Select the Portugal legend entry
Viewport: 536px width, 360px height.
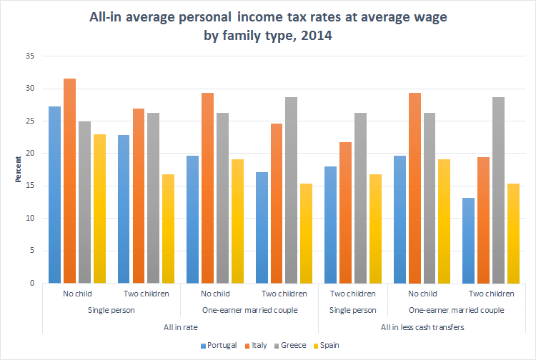pyautogui.click(x=218, y=346)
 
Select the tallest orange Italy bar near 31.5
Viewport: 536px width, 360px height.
pyautogui.click(x=70, y=181)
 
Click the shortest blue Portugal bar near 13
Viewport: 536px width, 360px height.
pyautogui.click(x=469, y=240)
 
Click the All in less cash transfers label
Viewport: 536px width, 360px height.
pyautogui.click(x=422, y=326)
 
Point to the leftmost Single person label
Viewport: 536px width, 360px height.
pyautogui.click(x=111, y=310)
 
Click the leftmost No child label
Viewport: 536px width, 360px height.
pyautogui.click(x=76, y=294)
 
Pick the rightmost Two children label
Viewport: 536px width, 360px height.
pyautogui.click(x=492, y=294)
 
